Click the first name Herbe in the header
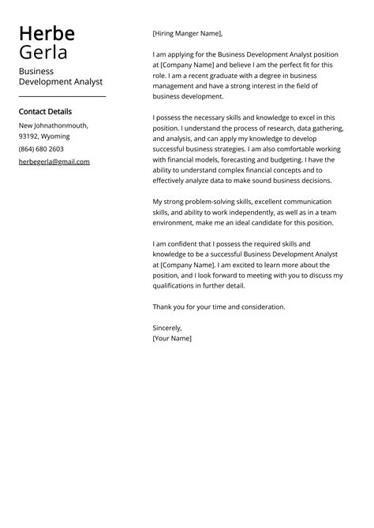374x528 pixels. point(47,33)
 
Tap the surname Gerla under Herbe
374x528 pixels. point(43,53)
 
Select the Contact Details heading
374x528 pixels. point(45,111)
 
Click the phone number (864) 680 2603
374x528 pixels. point(42,149)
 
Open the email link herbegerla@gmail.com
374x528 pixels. point(54,162)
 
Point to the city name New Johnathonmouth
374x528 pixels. point(53,125)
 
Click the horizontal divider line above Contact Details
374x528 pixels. point(62,96)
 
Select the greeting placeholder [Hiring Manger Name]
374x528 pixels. point(188,33)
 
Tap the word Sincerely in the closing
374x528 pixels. point(167,327)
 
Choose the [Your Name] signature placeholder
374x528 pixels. point(172,338)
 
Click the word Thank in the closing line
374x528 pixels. point(163,307)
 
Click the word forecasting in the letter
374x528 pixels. point(237,159)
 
